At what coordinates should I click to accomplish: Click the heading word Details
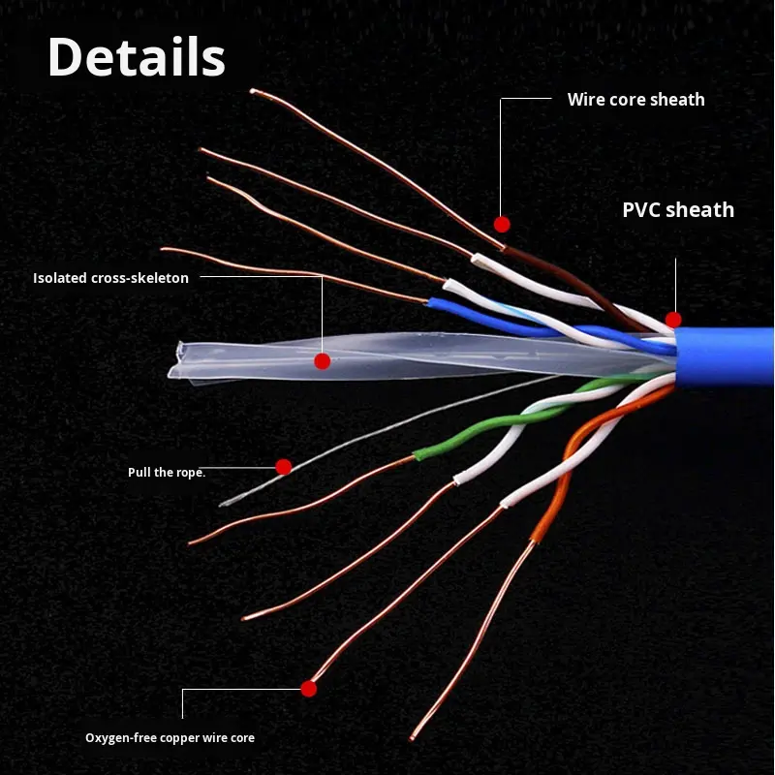click(x=136, y=57)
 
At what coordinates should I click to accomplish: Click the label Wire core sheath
click(x=635, y=100)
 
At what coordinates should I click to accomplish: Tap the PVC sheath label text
click(x=678, y=210)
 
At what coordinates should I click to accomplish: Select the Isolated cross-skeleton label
click(x=110, y=278)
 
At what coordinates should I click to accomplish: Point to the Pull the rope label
click(x=167, y=473)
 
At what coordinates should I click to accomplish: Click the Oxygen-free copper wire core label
click(x=170, y=738)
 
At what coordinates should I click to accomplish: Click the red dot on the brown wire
click(x=502, y=224)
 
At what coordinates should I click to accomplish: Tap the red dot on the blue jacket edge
click(x=673, y=320)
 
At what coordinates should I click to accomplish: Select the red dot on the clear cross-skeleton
click(x=323, y=361)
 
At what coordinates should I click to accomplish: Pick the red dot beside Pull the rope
click(x=284, y=467)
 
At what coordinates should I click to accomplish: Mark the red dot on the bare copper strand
click(x=309, y=689)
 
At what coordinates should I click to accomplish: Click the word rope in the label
click(x=190, y=473)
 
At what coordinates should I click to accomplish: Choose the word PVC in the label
click(x=641, y=210)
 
